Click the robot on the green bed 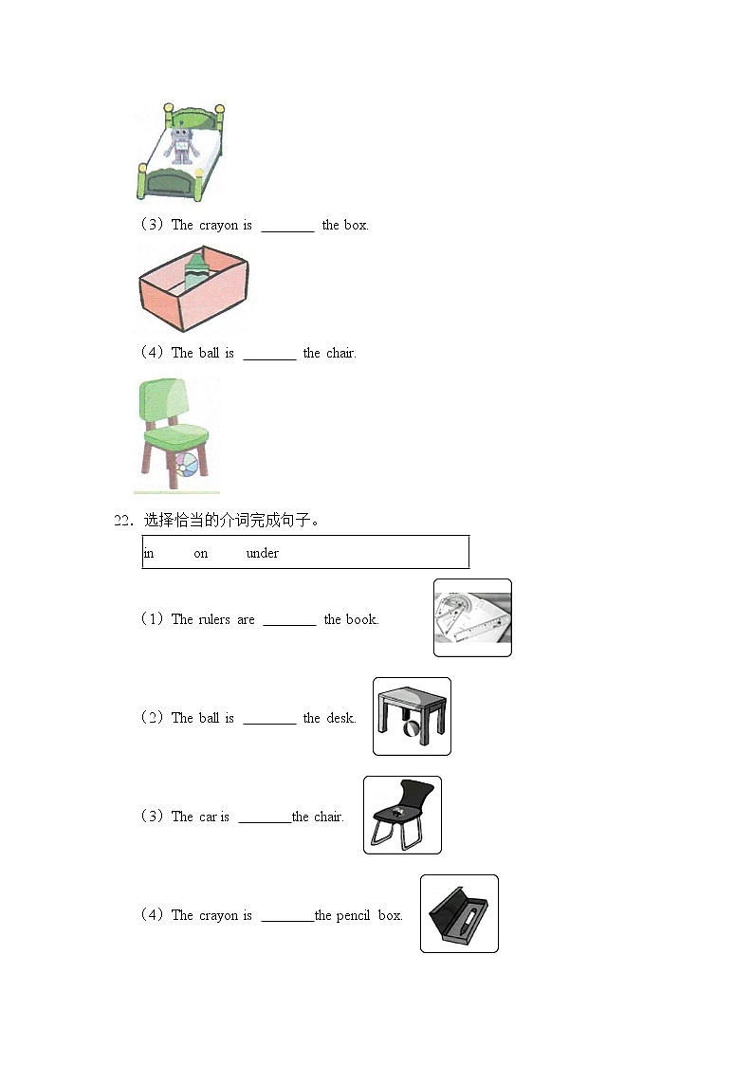(181, 145)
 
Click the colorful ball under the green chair (188, 466)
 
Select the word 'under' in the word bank (262, 554)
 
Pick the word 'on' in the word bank (200, 554)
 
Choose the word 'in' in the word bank (149, 554)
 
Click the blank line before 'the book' (289, 624)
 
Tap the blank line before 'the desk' (269, 723)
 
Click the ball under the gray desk (413, 728)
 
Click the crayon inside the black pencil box (468, 920)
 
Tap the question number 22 (122, 521)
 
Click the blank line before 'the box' (288, 230)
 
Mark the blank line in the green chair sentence (269, 358)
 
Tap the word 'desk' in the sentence (340, 718)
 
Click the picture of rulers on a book (472, 618)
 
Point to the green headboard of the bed (193, 119)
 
